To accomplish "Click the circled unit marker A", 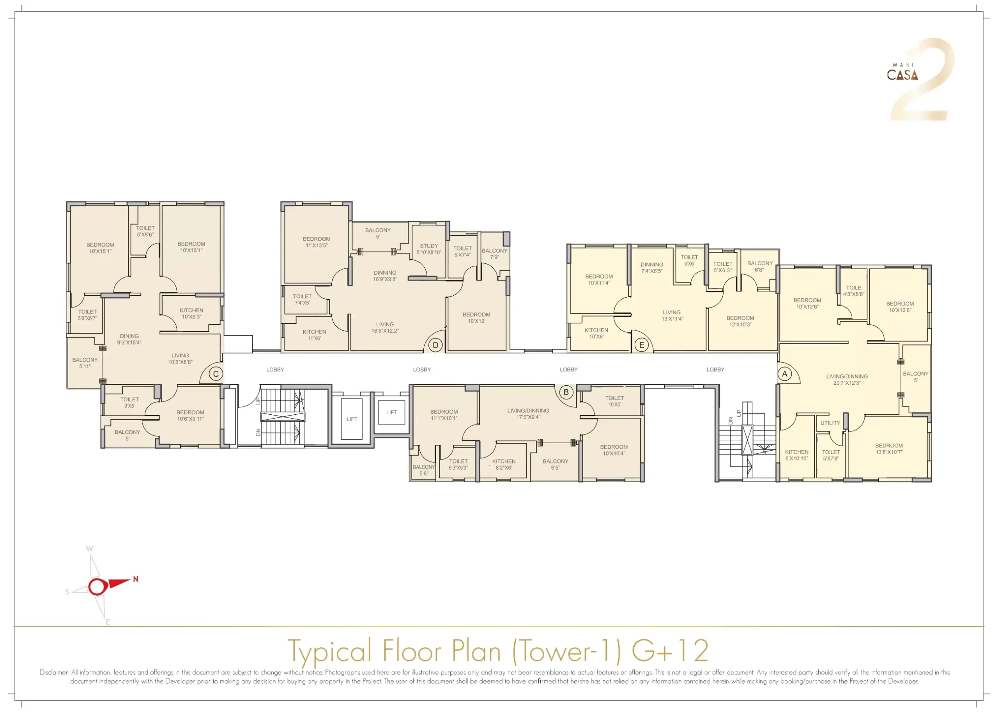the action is coord(785,374).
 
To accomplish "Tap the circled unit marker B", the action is coord(566,392).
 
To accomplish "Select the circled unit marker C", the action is coord(216,374).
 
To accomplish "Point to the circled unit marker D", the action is coord(435,345).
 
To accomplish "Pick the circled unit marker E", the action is coord(642,345).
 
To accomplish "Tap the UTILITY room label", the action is coord(830,423).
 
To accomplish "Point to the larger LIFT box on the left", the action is coord(352,419).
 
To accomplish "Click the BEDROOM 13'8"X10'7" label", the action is coord(889,449).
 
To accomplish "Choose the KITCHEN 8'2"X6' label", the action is coord(504,464).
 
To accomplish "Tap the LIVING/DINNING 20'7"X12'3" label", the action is coord(847,379).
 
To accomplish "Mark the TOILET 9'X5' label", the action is coord(129,403).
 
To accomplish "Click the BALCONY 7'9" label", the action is coord(494,254).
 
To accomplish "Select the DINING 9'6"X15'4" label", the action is coord(129,339).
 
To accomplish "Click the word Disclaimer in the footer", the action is coord(54,672).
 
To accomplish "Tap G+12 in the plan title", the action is coord(670,651).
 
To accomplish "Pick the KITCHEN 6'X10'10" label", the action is coord(796,455).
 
